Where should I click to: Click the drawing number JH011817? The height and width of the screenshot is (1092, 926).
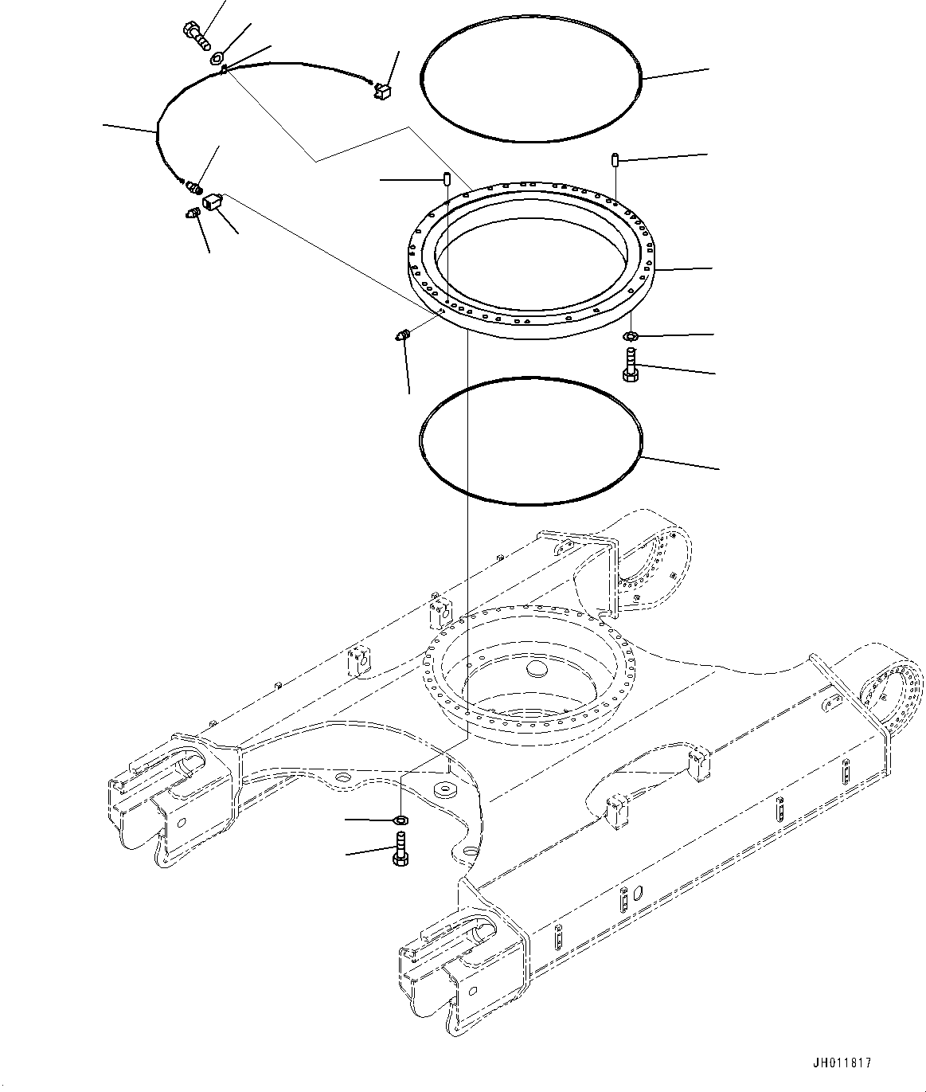point(842,1063)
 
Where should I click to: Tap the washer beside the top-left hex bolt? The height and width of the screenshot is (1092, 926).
point(217,57)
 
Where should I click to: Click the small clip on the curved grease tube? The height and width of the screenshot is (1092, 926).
point(225,70)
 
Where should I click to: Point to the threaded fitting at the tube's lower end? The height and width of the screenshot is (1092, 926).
point(193,187)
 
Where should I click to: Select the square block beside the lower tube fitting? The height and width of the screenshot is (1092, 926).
point(212,202)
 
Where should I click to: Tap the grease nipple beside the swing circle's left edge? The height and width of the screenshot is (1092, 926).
point(402,335)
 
